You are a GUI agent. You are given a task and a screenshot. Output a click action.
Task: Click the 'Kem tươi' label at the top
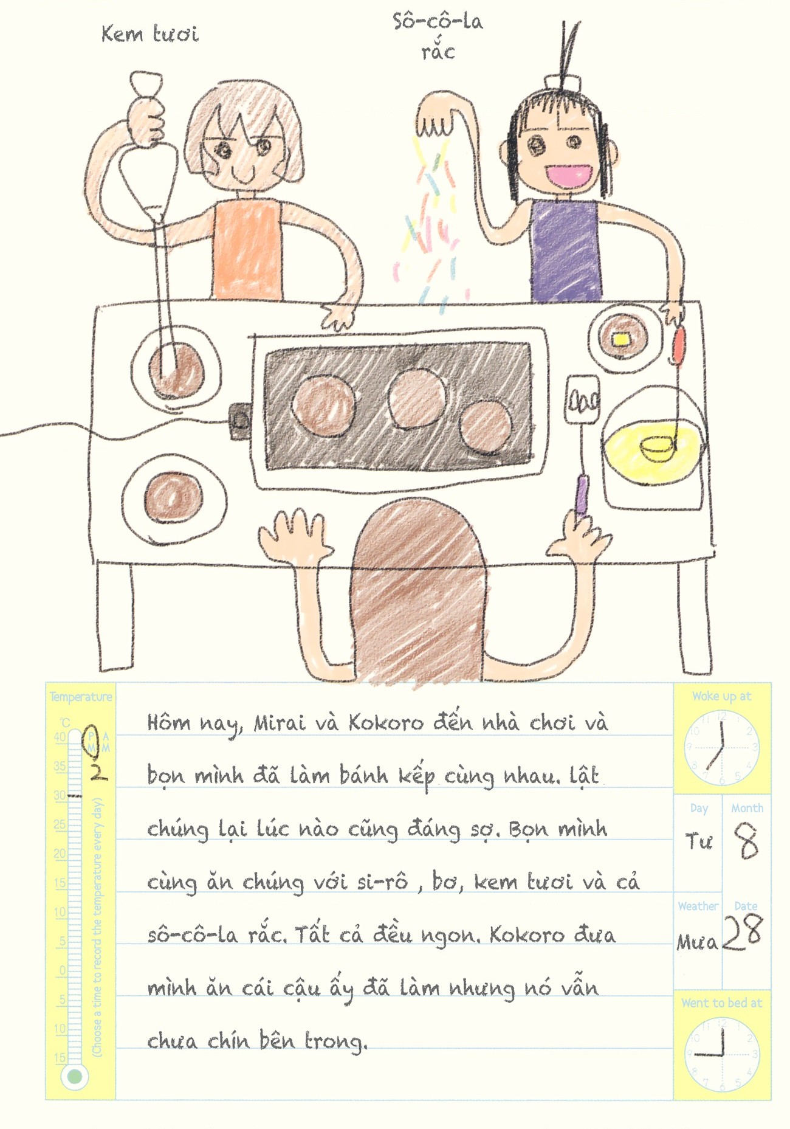149,34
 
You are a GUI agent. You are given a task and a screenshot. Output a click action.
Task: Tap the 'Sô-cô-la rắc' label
438,36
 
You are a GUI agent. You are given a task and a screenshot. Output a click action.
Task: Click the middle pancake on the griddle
416,398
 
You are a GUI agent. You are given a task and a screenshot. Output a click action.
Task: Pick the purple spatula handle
582,495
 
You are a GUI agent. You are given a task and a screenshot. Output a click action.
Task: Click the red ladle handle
678,344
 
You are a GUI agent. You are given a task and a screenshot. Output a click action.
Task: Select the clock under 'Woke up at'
721,747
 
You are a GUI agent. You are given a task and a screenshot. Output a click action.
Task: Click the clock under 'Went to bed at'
721,1054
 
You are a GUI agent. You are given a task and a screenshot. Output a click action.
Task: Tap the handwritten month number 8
747,841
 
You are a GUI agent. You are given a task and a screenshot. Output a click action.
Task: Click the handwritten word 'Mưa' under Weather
697,942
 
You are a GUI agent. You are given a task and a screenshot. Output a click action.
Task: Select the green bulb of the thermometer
74,1077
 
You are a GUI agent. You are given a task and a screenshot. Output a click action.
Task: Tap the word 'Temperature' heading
81,697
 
